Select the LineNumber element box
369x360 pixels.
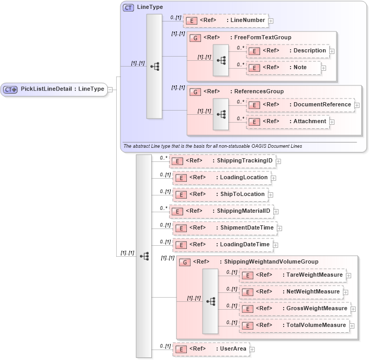(226, 20)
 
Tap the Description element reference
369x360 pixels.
(287, 51)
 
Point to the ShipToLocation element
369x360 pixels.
(220, 194)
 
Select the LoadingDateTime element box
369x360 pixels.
(222, 245)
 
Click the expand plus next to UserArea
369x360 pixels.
(252, 349)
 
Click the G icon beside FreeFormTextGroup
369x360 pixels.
(194, 38)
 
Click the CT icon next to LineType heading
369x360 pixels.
(128, 8)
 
